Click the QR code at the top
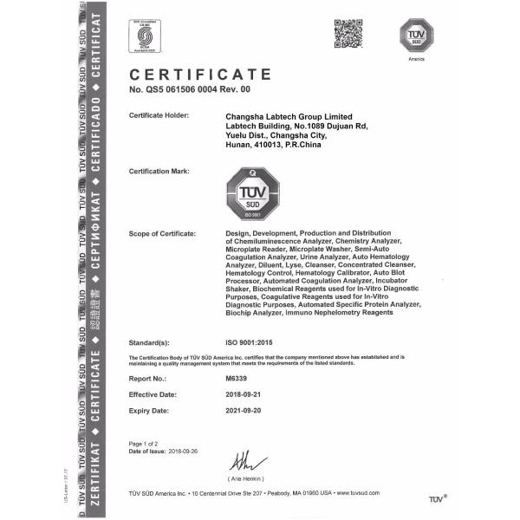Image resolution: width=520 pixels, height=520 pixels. click(348, 34)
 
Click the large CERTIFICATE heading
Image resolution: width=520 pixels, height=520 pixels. click(199, 75)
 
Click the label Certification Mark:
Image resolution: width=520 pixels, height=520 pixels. click(159, 171)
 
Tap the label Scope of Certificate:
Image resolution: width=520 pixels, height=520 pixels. click(161, 234)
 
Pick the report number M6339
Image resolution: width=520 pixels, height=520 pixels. click(236, 378)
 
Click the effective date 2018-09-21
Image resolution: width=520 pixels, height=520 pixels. click(248, 394)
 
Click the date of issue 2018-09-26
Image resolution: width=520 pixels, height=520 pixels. click(197, 452)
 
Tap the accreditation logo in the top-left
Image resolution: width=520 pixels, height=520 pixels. click(147, 36)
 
